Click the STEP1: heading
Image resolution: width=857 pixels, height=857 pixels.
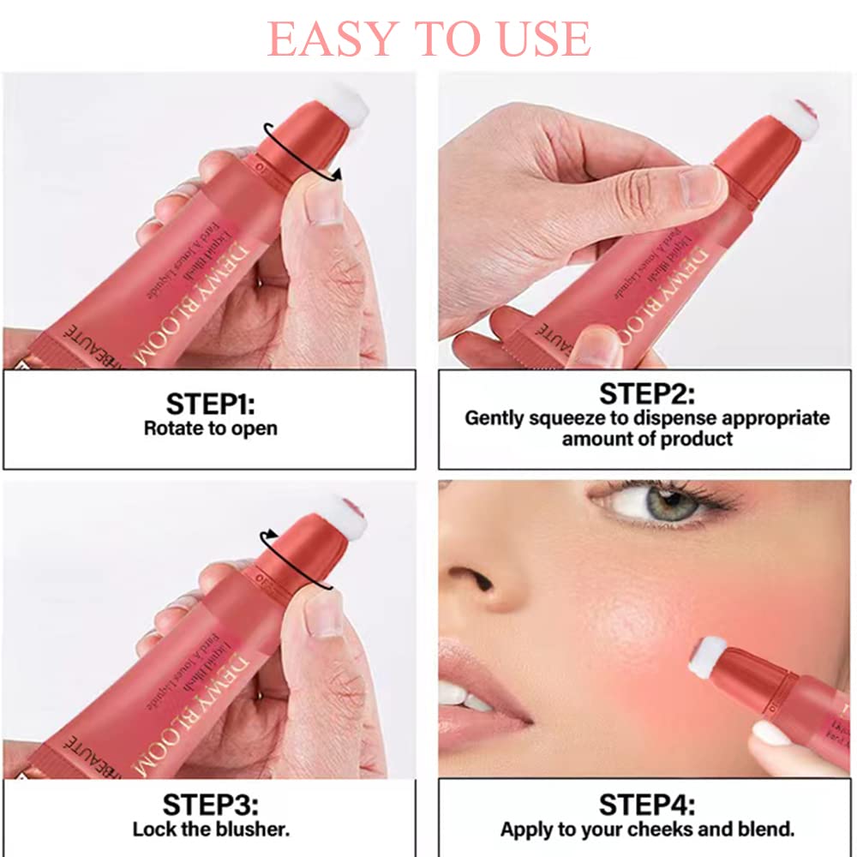click(x=210, y=404)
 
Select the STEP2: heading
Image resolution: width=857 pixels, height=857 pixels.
click(x=647, y=394)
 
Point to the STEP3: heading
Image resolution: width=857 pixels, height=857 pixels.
click(x=210, y=806)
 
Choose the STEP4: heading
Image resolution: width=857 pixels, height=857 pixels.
click(x=647, y=806)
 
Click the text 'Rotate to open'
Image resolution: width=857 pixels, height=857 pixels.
click(x=210, y=428)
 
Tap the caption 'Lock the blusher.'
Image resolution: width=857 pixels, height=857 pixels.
click(x=210, y=830)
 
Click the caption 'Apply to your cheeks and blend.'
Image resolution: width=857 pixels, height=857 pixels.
click(x=647, y=830)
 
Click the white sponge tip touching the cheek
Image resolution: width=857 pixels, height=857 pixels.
click(x=707, y=656)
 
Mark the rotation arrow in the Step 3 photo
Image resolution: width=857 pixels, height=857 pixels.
click(x=296, y=557)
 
